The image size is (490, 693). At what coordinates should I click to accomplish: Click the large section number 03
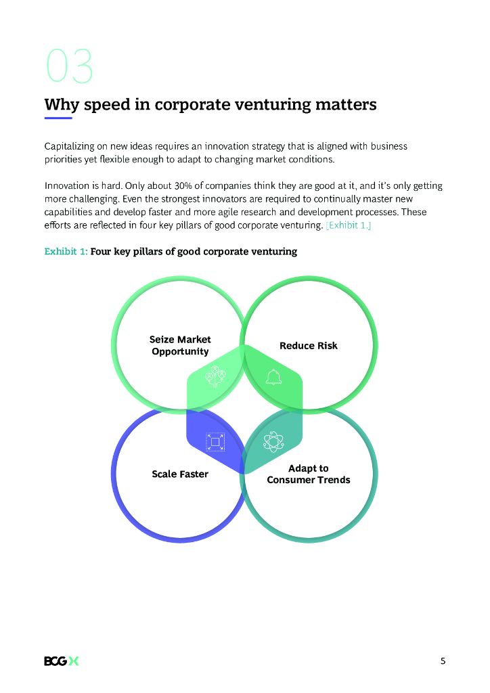tap(69, 66)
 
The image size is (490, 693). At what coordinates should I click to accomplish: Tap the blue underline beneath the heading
tap(58, 118)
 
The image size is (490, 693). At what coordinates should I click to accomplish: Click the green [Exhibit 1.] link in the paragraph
tap(348, 225)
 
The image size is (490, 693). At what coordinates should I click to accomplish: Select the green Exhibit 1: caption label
tap(66, 252)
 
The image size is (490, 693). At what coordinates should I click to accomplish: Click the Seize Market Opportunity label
tap(180, 345)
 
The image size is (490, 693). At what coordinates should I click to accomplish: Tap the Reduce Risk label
tap(308, 346)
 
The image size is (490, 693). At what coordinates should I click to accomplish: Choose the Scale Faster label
tap(180, 474)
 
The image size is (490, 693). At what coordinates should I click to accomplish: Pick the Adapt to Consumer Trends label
tap(309, 474)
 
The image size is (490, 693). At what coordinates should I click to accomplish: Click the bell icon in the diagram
tap(273, 377)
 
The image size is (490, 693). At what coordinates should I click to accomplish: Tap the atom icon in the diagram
tap(273, 442)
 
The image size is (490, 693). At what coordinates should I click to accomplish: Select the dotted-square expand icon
tap(215, 442)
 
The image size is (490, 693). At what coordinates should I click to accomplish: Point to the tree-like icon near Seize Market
tap(215, 376)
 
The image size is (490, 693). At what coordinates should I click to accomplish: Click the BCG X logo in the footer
tap(62, 661)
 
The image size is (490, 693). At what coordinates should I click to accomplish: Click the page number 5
tap(443, 661)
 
